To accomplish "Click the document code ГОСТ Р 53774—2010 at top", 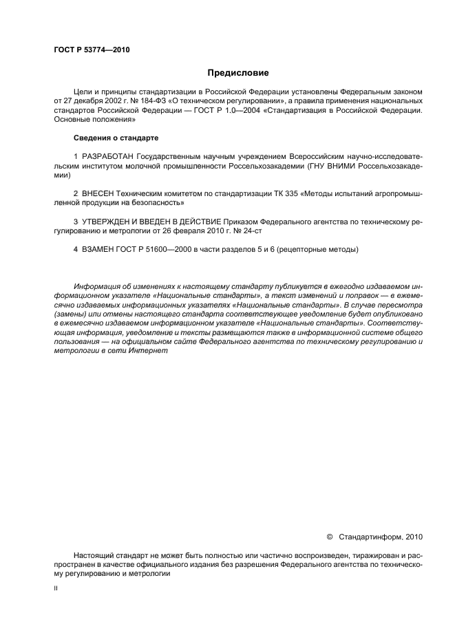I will [92, 50].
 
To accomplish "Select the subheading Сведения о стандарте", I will [111, 138].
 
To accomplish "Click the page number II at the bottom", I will [56, 589].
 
